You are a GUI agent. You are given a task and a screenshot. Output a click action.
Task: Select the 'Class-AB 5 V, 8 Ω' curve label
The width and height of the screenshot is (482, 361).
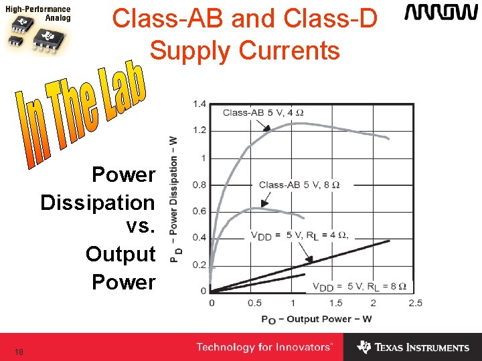(299, 185)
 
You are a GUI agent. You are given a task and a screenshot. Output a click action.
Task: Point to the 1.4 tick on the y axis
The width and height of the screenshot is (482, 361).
(199, 104)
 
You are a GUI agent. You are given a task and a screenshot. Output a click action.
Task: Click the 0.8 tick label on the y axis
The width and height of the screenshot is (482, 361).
(199, 185)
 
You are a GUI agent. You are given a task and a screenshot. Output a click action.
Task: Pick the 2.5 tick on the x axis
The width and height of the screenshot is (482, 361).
(415, 303)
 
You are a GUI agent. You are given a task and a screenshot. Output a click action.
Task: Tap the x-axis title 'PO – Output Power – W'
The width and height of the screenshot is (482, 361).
(316, 319)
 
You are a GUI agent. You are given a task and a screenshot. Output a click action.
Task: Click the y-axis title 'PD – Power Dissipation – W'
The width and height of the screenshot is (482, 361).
(174, 198)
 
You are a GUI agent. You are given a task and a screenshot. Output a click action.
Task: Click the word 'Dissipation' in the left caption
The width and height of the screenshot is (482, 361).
(98, 202)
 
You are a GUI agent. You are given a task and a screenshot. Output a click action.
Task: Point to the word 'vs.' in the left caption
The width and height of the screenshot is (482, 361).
(141, 227)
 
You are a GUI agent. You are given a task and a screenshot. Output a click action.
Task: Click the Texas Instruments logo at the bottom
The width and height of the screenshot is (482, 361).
(413, 348)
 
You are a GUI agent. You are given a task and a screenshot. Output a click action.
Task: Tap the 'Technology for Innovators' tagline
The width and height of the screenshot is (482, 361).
(264, 347)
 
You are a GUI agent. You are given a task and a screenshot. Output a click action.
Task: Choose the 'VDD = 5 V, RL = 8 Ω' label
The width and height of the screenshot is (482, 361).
(359, 286)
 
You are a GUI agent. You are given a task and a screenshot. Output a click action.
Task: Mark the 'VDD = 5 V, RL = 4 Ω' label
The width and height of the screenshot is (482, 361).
(299, 235)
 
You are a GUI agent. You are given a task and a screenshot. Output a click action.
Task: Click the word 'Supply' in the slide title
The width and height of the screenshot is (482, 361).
(195, 50)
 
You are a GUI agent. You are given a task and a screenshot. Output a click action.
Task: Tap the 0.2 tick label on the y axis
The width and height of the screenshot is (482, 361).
(199, 265)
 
